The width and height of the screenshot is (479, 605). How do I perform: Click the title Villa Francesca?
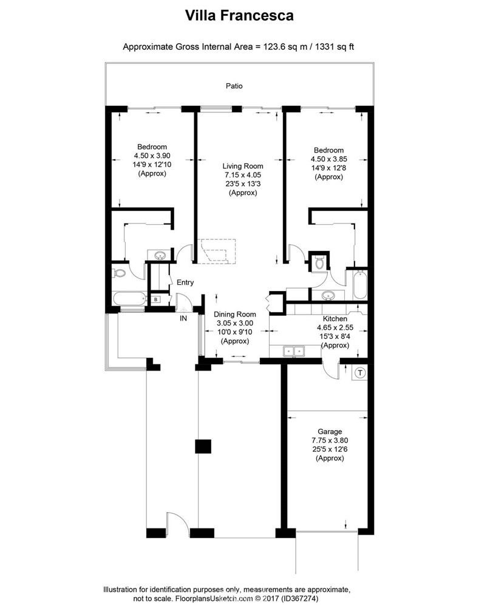pyautogui.click(x=239, y=16)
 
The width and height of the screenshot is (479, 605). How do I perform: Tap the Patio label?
pyautogui.click(x=234, y=86)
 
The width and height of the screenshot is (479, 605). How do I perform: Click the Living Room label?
pyautogui.click(x=242, y=166)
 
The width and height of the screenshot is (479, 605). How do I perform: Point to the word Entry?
pyautogui.click(x=185, y=282)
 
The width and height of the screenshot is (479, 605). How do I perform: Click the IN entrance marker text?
pyautogui.click(x=183, y=316)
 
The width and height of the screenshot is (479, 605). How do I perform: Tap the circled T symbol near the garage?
pyautogui.click(x=359, y=372)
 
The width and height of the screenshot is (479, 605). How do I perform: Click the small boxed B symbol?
pyautogui.click(x=155, y=299)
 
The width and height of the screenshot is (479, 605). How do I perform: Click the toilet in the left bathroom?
pyautogui.click(x=120, y=273)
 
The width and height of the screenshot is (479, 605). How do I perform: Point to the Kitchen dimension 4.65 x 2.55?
pyautogui.click(x=335, y=328)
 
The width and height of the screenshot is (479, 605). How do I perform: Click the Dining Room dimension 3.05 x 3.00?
pyautogui.click(x=234, y=323)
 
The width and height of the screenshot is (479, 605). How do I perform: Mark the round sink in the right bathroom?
pyautogui.click(x=328, y=296)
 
